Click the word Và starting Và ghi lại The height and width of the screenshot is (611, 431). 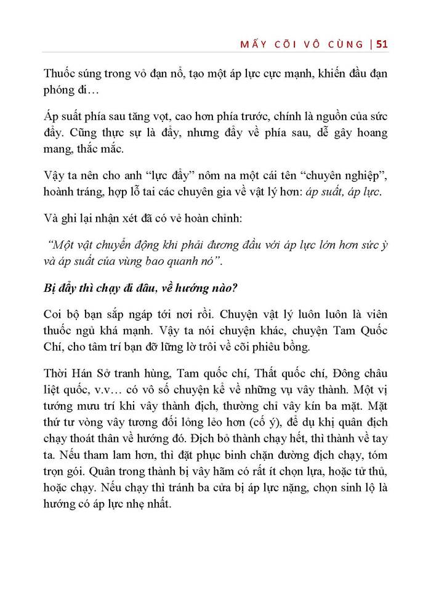click(53, 219)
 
